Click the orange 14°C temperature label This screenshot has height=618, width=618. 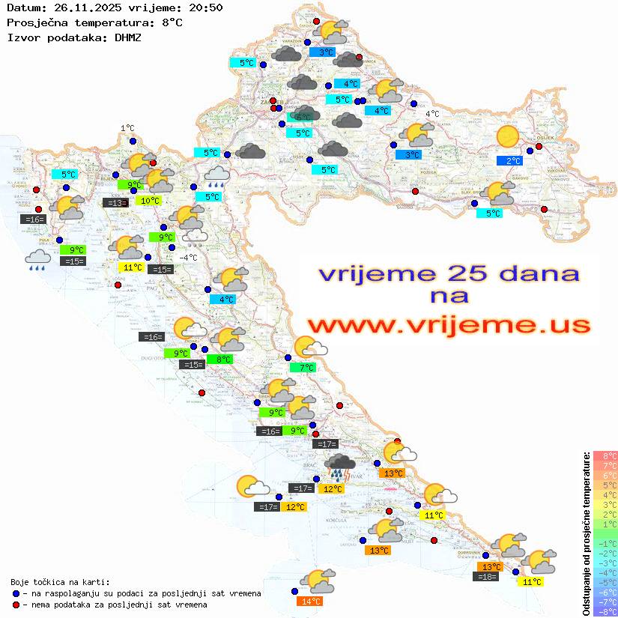pos(311,601)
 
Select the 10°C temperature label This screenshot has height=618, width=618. pos(149,200)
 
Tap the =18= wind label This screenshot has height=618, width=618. pos(487,576)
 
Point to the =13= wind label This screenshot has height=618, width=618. pos(115,202)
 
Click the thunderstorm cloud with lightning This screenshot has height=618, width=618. pos(339,467)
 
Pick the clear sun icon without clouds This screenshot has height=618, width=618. pos(508,136)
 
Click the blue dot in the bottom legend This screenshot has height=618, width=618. pos(16,593)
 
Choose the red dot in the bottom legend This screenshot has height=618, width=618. pos(16,605)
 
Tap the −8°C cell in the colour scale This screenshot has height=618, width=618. pos(605,612)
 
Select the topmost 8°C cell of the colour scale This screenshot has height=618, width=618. pos(605,455)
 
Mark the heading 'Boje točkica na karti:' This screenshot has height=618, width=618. pos(60,582)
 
